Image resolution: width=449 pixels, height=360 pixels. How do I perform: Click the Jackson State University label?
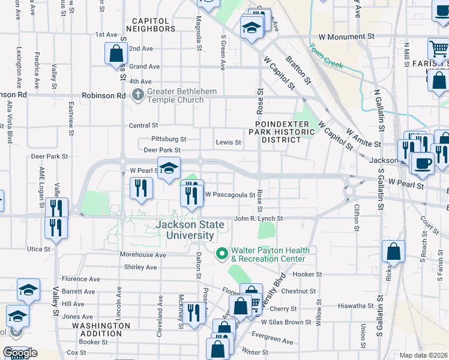pyautogui.click(x=190, y=230)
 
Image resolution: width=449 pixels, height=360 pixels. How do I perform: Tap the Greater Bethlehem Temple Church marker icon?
pyautogui.click(x=138, y=95)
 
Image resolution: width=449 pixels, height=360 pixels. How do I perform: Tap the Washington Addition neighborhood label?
pyautogui.click(x=101, y=329)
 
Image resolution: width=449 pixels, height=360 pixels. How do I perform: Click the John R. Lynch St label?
pyautogui.click(x=258, y=219)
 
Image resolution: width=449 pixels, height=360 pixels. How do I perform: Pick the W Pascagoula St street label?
pyautogui.click(x=231, y=194)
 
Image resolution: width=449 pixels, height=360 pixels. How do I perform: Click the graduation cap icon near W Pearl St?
pyautogui.click(x=169, y=167)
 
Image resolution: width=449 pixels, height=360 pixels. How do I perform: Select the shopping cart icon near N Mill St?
pyautogui.click(x=438, y=50)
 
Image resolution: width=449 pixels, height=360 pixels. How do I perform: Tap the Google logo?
pyautogui.click(x=20, y=353)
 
